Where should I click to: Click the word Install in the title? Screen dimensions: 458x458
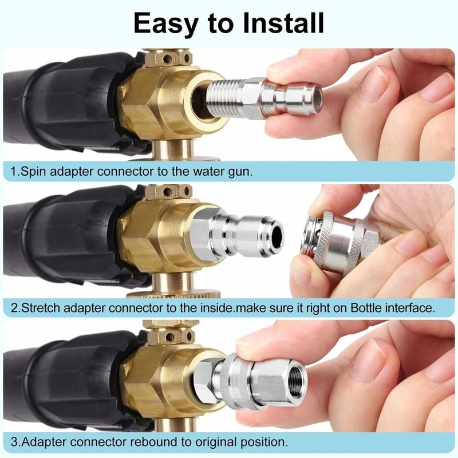point(275,23)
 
